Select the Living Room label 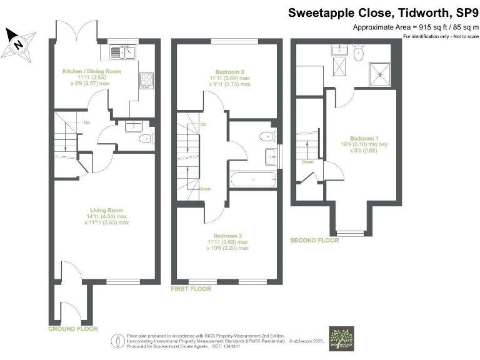tap(106, 210)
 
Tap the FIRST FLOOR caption tap(191, 289)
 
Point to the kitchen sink tap(122, 52)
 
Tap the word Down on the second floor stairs tap(307, 161)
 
